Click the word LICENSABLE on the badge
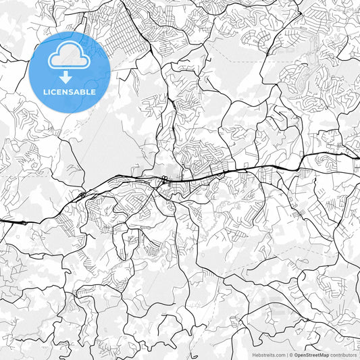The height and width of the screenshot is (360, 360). (70, 92)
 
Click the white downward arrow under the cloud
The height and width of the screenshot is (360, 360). (65, 76)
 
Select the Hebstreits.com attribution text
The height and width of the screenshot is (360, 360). (269, 355)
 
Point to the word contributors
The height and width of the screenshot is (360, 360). (343, 355)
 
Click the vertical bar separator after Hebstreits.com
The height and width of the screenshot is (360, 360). (286, 355)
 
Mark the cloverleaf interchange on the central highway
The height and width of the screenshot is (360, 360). (164, 180)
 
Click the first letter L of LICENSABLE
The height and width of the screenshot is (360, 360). (44, 92)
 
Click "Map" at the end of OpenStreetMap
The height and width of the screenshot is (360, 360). (324, 355)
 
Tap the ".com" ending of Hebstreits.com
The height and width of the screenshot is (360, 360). (280, 355)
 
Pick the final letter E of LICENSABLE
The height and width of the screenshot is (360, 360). (94, 92)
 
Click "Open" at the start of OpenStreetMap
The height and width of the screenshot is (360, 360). (299, 355)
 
